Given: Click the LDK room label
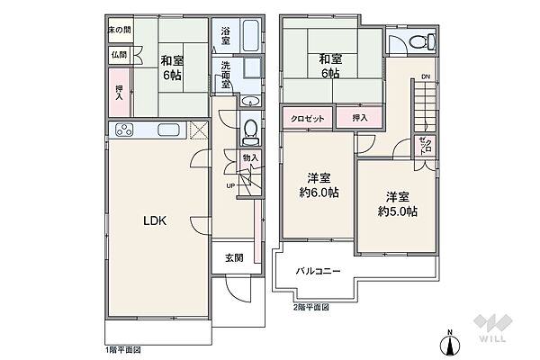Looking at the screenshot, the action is [x=155, y=220].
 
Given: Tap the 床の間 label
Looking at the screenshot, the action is [x=120, y=30].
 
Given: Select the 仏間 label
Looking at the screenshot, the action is [x=119, y=55].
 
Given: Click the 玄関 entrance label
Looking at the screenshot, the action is [x=234, y=257].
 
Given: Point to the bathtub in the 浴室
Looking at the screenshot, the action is [x=251, y=35].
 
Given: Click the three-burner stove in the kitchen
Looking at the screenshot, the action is [x=124, y=130].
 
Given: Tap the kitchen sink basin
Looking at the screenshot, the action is [x=168, y=130].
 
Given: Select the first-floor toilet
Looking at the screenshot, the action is [x=249, y=132].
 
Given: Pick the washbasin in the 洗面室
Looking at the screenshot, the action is [x=250, y=101].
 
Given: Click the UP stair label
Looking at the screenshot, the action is [x=230, y=186].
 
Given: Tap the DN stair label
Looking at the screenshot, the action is [x=426, y=76].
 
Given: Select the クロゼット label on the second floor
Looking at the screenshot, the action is [x=308, y=119].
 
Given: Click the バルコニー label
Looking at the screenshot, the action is [x=319, y=271].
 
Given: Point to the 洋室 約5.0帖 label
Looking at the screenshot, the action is [x=398, y=204].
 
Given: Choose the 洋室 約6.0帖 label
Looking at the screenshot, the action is [x=319, y=185].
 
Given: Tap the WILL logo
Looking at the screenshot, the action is [x=493, y=328].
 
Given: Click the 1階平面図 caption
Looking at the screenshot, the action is [x=123, y=350].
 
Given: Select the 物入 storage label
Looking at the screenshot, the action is [x=250, y=158].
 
